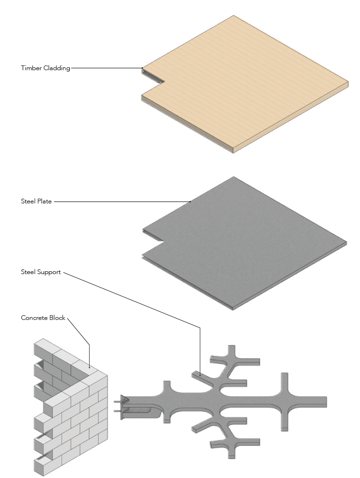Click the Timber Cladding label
click(45, 68)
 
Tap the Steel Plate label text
click(36, 201)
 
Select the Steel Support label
click(41, 272)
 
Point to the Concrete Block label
click(43, 318)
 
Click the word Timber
click(31, 68)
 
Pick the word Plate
click(44, 201)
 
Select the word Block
click(58, 318)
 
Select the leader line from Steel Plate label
click(119, 202)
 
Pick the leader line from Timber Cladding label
click(105, 68)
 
